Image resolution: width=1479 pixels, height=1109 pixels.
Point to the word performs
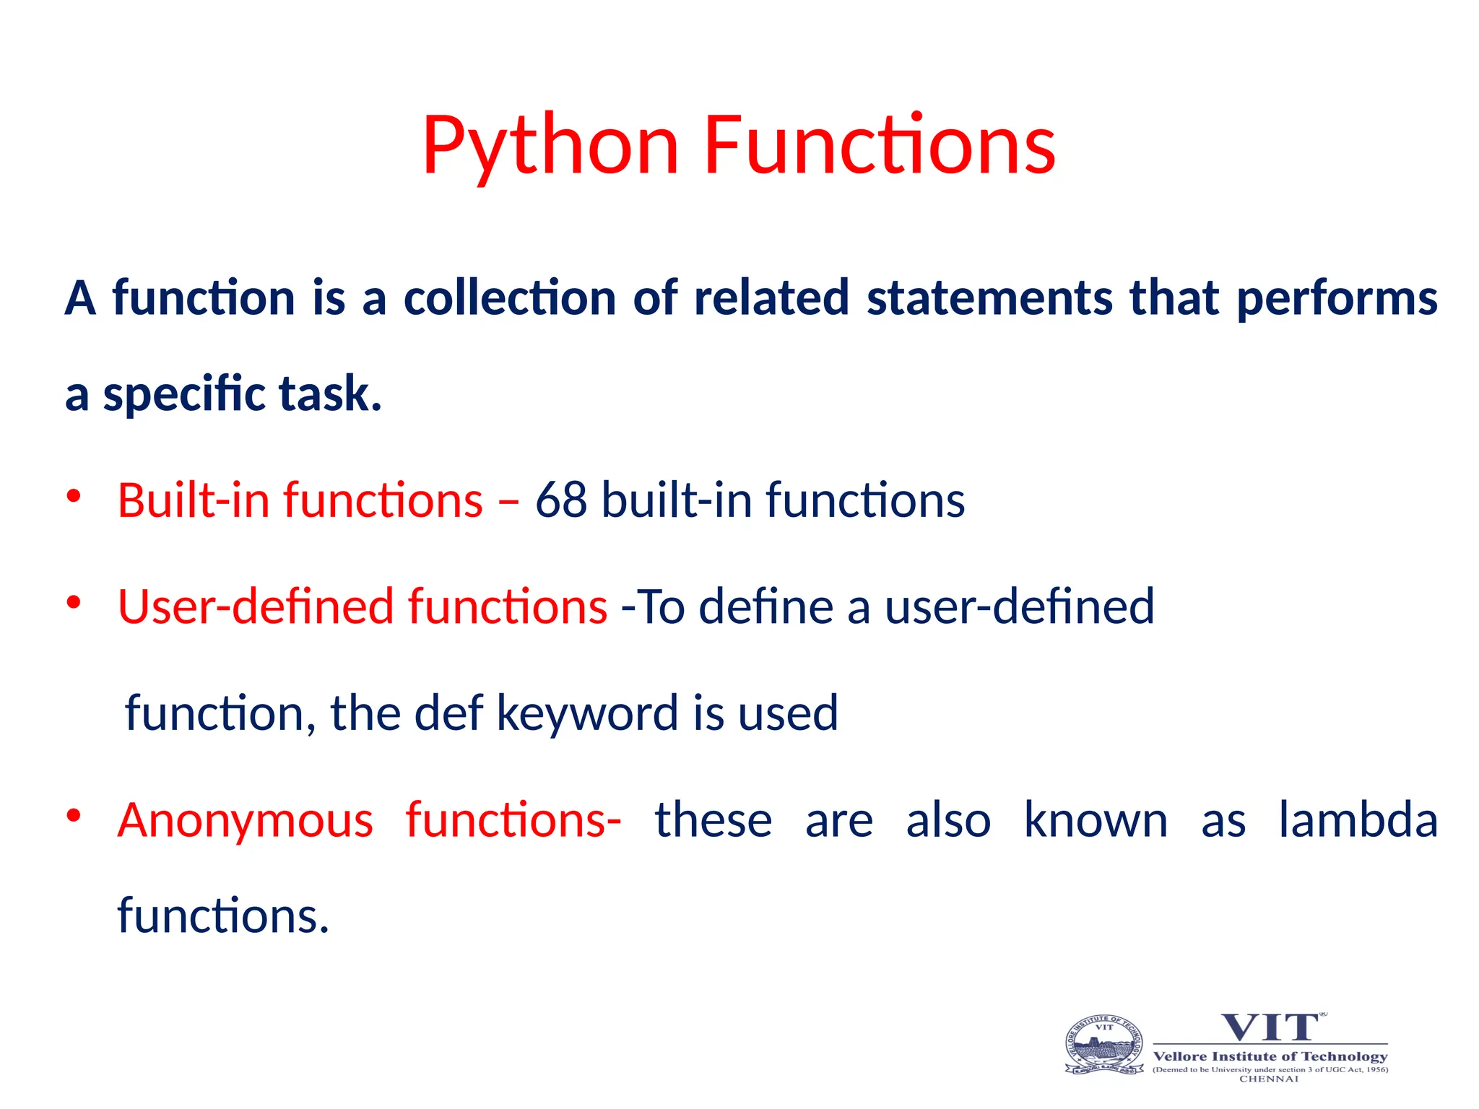(1337, 299)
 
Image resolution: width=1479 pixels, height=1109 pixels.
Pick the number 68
(560, 500)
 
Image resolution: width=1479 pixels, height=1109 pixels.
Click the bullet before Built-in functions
(73, 496)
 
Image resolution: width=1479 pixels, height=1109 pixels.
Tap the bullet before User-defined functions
(73, 602)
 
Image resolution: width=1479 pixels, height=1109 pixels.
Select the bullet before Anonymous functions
(73, 816)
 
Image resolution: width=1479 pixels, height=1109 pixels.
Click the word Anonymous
(246, 821)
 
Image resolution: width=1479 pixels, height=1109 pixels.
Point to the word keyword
(587, 713)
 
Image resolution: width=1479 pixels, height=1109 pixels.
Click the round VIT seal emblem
(1104, 1045)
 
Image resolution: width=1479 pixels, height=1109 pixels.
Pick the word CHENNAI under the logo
(1269, 1079)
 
